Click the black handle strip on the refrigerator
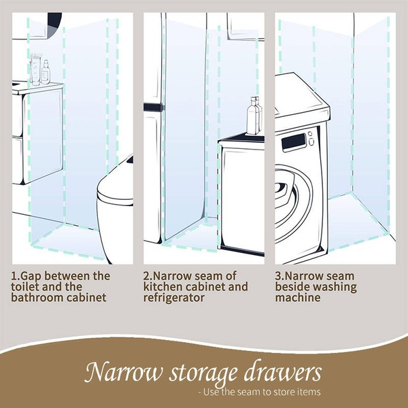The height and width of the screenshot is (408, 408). point(154,107)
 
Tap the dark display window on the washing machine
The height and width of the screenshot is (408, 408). point(294,143)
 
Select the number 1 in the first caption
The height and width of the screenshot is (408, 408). point(14,277)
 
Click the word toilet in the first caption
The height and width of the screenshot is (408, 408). point(27,288)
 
